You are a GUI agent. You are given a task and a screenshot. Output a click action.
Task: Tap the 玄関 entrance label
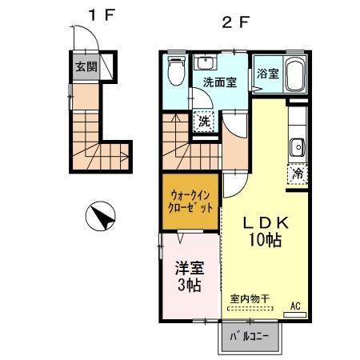pyautogui.click(x=86, y=67)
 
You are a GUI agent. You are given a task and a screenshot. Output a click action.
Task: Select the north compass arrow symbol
pyautogui.click(x=102, y=214)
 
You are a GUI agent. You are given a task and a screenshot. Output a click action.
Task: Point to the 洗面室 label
pyautogui.click(x=218, y=82)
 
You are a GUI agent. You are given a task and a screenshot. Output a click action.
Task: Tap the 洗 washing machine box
pyautogui.click(x=205, y=122)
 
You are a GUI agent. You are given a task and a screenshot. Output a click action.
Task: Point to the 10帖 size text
pyautogui.click(x=265, y=240)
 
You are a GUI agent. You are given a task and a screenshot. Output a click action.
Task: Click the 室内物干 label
pyautogui.click(x=250, y=299)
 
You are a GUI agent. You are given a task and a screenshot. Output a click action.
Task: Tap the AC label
pyautogui.click(x=295, y=306)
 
